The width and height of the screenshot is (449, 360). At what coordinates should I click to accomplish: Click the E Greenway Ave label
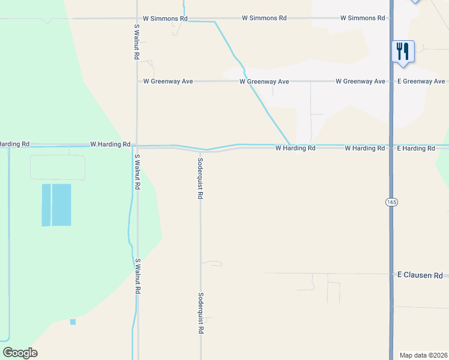pyautogui.click(x=421, y=81)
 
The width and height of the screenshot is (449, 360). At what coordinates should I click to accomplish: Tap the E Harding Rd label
pyautogui.click(x=415, y=148)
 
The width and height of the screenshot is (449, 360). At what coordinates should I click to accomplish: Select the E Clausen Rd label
pyautogui.click(x=420, y=275)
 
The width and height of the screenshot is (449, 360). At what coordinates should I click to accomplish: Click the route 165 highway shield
pyautogui.click(x=391, y=203)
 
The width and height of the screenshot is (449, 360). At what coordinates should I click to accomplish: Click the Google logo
pyautogui.click(x=20, y=353)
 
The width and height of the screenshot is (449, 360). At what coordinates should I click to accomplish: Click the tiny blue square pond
pyautogui.click(x=73, y=322)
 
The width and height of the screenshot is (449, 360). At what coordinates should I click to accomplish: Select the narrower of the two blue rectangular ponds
pyautogui.click(x=46, y=205)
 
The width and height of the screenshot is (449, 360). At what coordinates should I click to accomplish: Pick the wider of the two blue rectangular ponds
pyautogui.click(x=61, y=205)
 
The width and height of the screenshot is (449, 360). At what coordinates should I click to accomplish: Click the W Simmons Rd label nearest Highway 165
pyautogui.click(x=362, y=18)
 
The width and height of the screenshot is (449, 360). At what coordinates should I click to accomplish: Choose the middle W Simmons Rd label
pyautogui.click(x=264, y=18)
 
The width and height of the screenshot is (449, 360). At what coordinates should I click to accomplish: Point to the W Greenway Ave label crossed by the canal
pyautogui.click(x=264, y=81)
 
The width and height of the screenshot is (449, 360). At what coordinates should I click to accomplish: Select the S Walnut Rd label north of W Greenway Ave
pyautogui.click(x=137, y=42)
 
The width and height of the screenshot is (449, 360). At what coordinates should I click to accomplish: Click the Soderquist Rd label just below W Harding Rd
pyautogui.click(x=200, y=178)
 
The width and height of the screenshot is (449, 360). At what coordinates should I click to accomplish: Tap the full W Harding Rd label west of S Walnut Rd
pyautogui.click(x=110, y=144)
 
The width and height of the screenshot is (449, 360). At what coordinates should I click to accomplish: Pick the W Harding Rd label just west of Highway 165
pyautogui.click(x=364, y=148)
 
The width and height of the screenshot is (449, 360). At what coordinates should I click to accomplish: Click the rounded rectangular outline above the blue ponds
pyautogui.click(x=57, y=167)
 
